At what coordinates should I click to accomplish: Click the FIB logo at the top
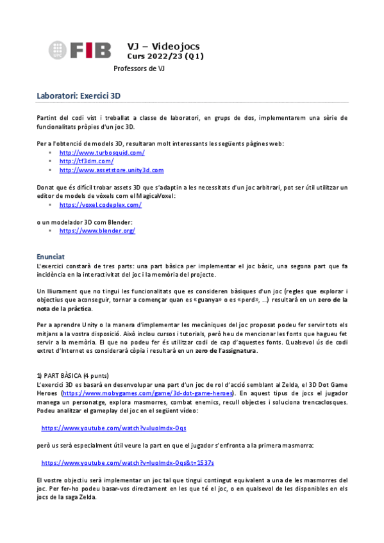[80, 50]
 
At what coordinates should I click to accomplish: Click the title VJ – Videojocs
[163, 46]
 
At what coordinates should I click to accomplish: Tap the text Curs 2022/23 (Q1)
[165, 57]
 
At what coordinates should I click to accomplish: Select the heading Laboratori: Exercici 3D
[79, 96]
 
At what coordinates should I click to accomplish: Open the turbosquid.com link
[102, 152]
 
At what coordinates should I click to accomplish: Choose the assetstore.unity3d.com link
[112, 170]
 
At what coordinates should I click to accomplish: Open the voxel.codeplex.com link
[100, 205]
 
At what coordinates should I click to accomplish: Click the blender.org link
[97, 231]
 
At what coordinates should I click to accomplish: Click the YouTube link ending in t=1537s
[128, 462]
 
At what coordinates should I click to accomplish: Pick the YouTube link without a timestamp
[113, 427]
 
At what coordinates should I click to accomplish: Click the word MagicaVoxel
[156, 196]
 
